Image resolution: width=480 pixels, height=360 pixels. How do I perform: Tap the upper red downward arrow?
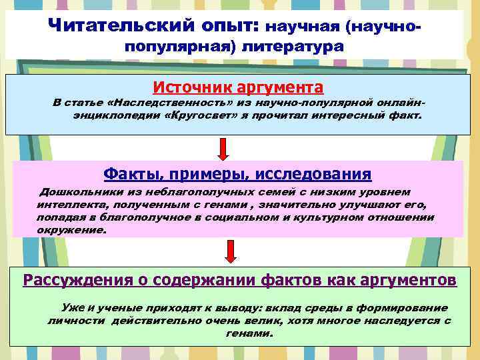(224, 148)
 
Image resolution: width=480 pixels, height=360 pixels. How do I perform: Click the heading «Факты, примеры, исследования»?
(237, 174)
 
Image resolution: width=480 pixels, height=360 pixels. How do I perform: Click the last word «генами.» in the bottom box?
(241, 333)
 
